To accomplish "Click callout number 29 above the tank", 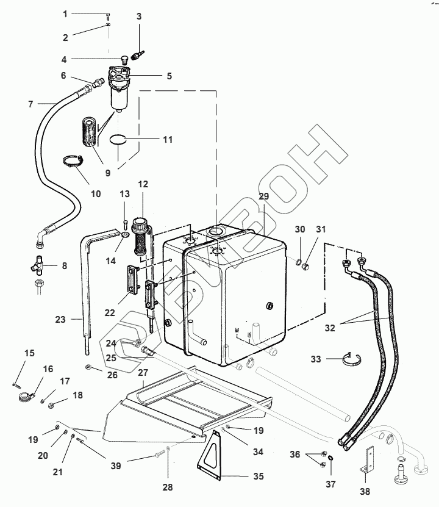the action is (264, 196).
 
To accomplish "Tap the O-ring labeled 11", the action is (118, 136).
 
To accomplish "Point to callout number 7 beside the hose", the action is (30, 104).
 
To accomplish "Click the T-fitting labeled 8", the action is (39, 265).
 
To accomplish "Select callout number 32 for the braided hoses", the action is (330, 328).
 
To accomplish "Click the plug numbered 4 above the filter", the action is (123, 60).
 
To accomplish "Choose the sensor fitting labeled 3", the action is (138, 56).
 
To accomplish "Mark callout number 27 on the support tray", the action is (143, 373).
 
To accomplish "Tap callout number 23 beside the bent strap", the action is (60, 320).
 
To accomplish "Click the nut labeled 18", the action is (50, 405).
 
